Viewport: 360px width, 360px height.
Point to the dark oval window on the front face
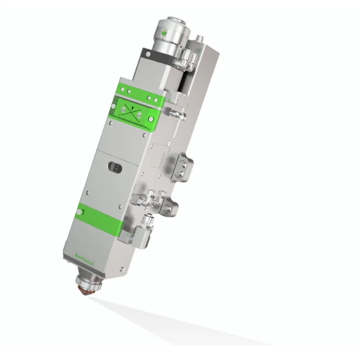[x=114, y=167]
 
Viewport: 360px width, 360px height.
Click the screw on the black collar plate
[x=147, y=54]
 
